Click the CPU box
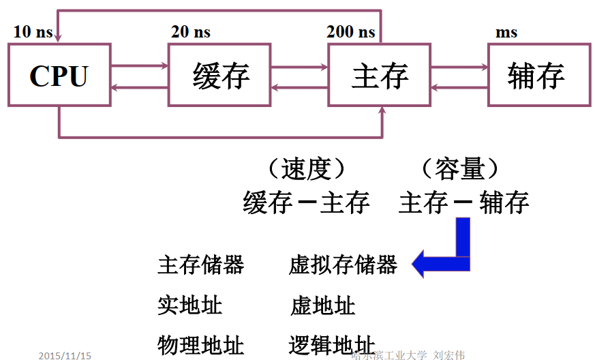pyautogui.click(x=59, y=75)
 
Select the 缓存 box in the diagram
pyautogui.click(x=219, y=75)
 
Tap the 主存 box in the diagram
pyautogui.click(x=379, y=75)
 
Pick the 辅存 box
pyautogui.click(x=538, y=75)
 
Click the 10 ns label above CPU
pyautogui.click(x=33, y=31)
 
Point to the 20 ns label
pyautogui.click(x=191, y=31)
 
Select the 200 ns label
pyautogui.click(x=351, y=31)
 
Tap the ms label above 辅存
pyautogui.click(x=506, y=32)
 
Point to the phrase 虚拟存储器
pyautogui.click(x=343, y=265)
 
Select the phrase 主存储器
pyautogui.click(x=200, y=265)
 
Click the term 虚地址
pyautogui.click(x=322, y=305)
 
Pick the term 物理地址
pyautogui.click(x=200, y=345)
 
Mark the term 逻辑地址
pyautogui.click(x=332, y=345)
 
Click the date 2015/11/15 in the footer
pyautogui.click(x=65, y=355)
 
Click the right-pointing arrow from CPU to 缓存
pyautogui.click(x=139, y=66)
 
